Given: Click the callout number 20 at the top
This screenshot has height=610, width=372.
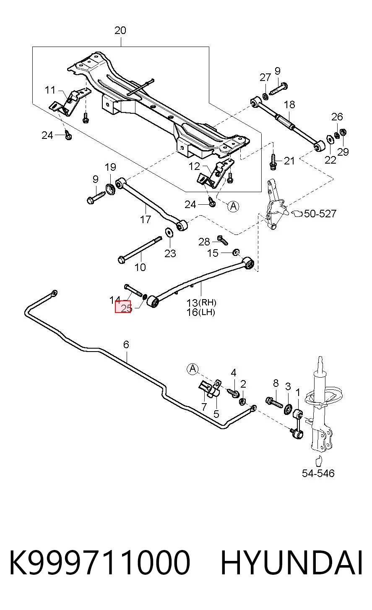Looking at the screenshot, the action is [120, 30].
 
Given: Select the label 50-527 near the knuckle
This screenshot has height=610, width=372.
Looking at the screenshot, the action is [320, 214].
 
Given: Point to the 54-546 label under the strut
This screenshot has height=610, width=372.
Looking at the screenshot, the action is [318, 473].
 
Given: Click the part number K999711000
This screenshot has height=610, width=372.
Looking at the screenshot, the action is [100, 563].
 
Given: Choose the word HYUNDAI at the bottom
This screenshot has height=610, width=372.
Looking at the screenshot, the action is [291, 563].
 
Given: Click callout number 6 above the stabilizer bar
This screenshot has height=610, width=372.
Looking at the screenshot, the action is [126, 344].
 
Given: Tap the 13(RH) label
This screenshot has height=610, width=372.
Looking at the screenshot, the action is [201, 302].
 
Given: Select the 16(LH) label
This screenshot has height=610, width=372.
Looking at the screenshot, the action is [201, 312].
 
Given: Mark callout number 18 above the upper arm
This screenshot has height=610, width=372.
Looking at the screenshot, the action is [289, 104].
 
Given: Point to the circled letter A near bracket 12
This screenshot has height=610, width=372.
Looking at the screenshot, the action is [233, 206].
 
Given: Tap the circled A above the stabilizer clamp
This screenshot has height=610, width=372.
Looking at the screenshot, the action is [193, 369].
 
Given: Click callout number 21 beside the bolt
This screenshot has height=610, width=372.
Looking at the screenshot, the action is [289, 161].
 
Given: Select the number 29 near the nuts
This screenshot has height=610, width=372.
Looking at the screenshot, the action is [343, 152].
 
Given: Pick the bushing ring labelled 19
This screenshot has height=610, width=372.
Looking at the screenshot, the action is [111, 189].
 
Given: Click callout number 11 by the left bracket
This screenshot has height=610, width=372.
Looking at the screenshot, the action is [50, 90].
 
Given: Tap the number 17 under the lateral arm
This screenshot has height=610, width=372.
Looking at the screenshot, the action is [146, 219].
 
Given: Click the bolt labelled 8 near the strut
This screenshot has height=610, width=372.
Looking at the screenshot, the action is [275, 402].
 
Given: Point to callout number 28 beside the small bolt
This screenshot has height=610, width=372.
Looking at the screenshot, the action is [204, 242].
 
